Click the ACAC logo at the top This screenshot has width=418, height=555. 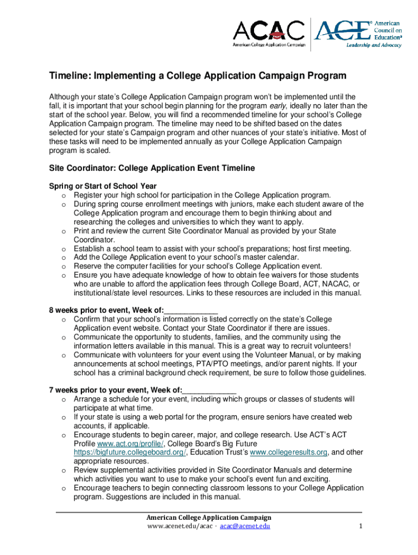(x=269, y=33)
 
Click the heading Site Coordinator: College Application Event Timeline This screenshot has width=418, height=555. (x=152, y=168)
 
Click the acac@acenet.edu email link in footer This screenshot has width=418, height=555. (x=245, y=526)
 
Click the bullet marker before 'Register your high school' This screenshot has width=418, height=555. (x=64, y=195)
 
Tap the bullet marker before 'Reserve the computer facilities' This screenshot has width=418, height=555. (x=64, y=266)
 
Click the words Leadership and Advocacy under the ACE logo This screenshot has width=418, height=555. (x=374, y=45)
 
